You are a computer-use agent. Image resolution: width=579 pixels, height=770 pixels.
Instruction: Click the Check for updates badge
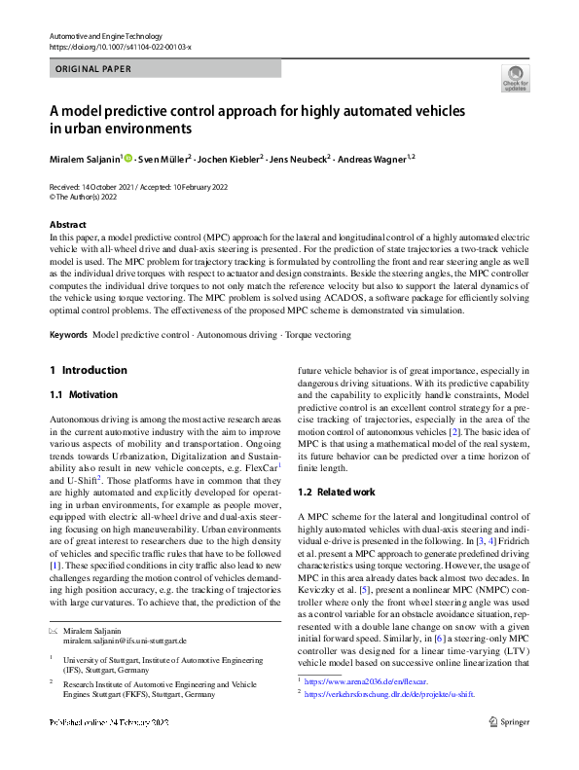[x=515, y=79]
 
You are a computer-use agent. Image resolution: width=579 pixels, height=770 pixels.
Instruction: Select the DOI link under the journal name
[x=120, y=47]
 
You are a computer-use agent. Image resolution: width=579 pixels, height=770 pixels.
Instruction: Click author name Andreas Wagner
[x=377, y=159]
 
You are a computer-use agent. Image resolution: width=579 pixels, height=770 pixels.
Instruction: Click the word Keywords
[x=69, y=334]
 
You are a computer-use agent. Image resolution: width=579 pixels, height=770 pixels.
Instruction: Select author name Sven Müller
[x=165, y=159]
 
